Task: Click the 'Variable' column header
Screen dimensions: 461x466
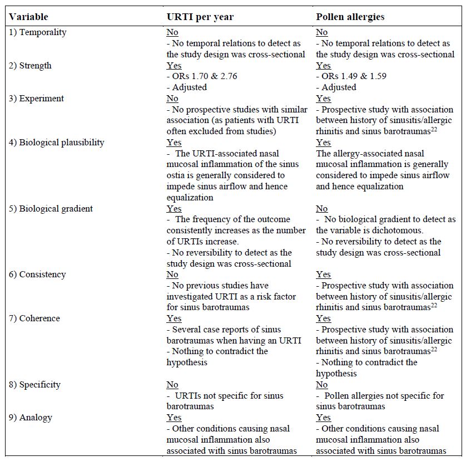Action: click(28, 17)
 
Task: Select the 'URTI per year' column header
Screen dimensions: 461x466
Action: click(200, 17)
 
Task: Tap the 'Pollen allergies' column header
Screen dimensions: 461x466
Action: click(350, 17)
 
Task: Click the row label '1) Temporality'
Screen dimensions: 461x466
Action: click(37, 32)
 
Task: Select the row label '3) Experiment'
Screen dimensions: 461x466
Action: click(36, 99)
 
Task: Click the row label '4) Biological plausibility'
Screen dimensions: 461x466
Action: click(56, 143)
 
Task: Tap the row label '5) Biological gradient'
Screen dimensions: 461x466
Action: click(51, 209)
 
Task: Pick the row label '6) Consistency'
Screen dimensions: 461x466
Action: click(37, 274)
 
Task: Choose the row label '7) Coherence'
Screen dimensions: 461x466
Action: click(34, 318)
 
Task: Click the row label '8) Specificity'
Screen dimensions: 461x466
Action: click(34, 385)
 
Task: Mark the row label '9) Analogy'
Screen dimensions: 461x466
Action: click(31, 418)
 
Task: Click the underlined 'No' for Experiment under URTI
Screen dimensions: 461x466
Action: click(172, 99)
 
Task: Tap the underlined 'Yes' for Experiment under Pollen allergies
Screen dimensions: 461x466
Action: click(323, 99)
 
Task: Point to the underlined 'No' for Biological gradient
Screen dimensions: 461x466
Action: click(322, 209)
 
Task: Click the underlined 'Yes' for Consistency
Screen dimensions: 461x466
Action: click(323, 274)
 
